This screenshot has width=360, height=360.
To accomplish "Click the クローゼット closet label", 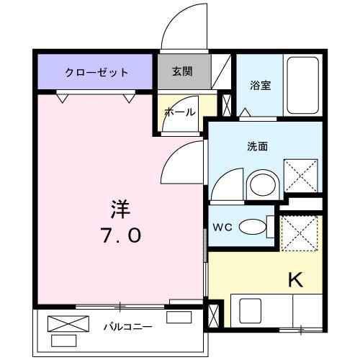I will click(96, 73).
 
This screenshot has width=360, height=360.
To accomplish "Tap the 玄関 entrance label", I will click(181, 72).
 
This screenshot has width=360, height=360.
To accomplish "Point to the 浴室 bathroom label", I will click(261, 86).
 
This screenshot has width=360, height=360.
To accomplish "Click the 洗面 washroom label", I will click(258, 146).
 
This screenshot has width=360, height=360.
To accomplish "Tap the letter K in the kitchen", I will click(294, 279).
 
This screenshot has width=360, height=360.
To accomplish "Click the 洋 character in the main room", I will click(120, 209).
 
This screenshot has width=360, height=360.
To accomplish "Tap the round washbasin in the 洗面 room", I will click(261, 185).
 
